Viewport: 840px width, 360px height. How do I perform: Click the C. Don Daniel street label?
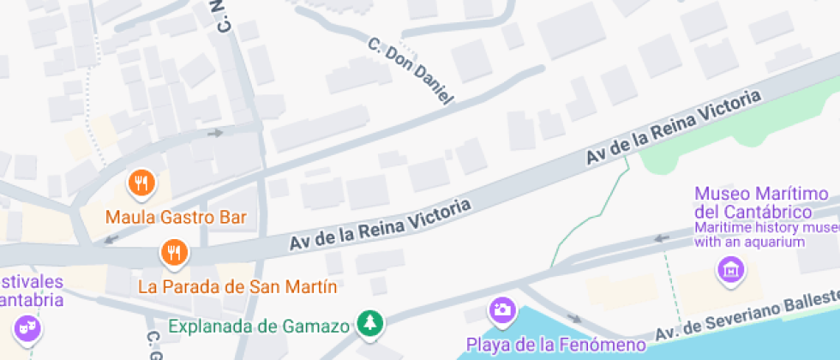410,70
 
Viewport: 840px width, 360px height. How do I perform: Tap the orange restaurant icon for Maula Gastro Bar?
141,183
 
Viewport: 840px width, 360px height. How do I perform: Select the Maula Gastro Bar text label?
176,217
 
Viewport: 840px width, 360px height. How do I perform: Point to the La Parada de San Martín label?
237,285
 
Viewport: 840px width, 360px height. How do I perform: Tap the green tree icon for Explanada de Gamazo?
371,323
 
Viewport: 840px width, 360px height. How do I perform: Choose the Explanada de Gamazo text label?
259,326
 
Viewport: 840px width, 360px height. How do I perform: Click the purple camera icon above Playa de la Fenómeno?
501,309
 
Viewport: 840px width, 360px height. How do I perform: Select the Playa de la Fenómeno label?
555,345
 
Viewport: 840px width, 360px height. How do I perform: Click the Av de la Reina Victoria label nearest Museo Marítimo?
674,129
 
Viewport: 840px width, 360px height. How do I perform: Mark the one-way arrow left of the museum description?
661,238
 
